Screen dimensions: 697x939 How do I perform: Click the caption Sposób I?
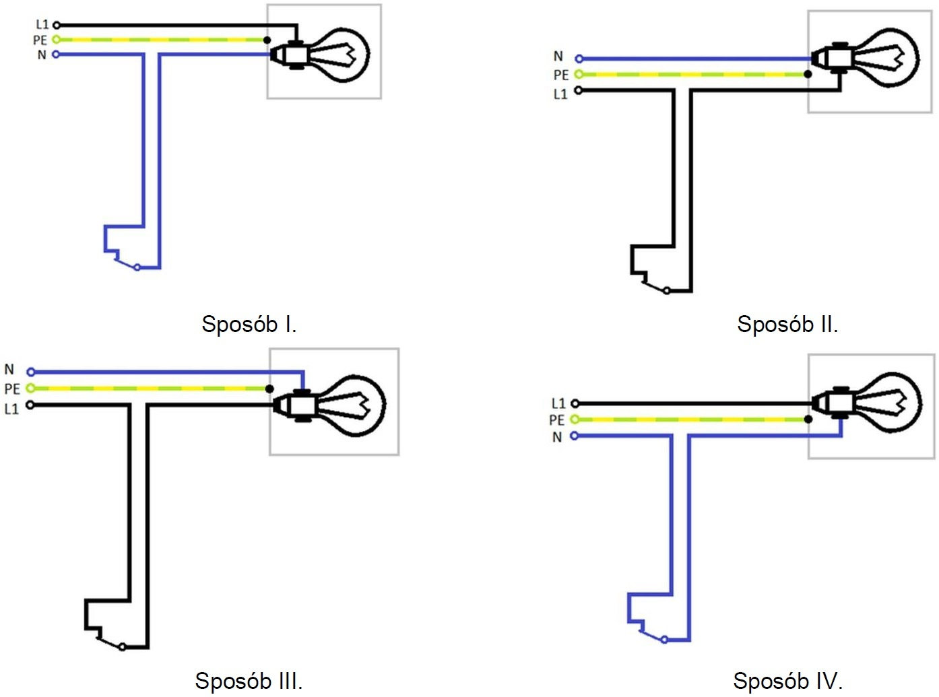[249, 324]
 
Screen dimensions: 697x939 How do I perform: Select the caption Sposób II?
[787, 324]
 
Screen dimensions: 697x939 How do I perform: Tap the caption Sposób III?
[249, 680]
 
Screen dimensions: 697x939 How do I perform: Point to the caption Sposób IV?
[787, 680]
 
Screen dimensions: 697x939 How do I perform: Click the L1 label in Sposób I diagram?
[42, 25]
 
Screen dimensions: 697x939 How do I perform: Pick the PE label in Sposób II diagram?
[561, 75]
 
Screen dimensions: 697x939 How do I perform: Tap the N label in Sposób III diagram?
[9, 370]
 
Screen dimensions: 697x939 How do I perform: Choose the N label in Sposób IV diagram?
[557, 437]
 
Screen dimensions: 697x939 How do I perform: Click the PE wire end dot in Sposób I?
[267, 40]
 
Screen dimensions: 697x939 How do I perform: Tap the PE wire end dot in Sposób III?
[269, 389]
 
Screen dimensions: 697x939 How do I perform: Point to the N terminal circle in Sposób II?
[579, 59]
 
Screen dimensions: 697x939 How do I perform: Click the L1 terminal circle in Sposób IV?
[575, 403]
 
